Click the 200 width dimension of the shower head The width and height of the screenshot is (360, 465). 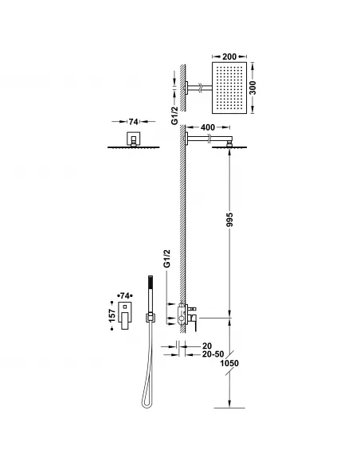click(230, 58)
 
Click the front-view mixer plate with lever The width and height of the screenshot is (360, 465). click(126, 316)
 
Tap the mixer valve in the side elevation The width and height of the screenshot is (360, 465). click(190, 314)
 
